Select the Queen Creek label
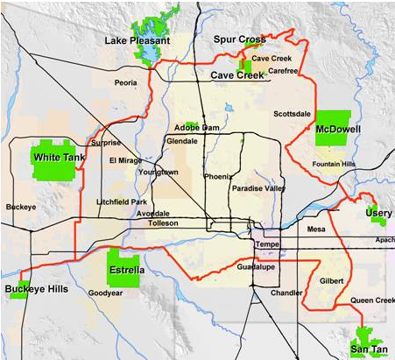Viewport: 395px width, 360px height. pyautogui.click(x=373, y=300)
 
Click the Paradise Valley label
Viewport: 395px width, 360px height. pyautogui.click(x=258, y=188)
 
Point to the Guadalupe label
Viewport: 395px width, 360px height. pyautogui.click(x=255, y=265)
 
